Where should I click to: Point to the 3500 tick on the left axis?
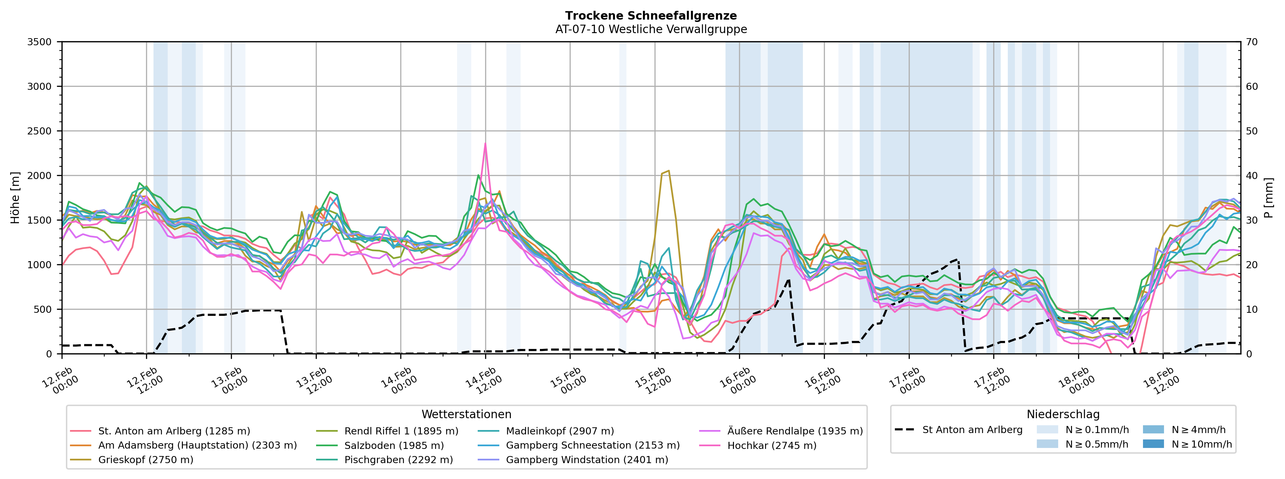tap(40, 42)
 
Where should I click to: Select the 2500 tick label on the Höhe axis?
tap(40, 131)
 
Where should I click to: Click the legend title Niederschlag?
tap(1063, 414)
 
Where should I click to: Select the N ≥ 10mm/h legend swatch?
tap(1153, 444)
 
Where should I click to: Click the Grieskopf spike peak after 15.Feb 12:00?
tap(668, 171)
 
